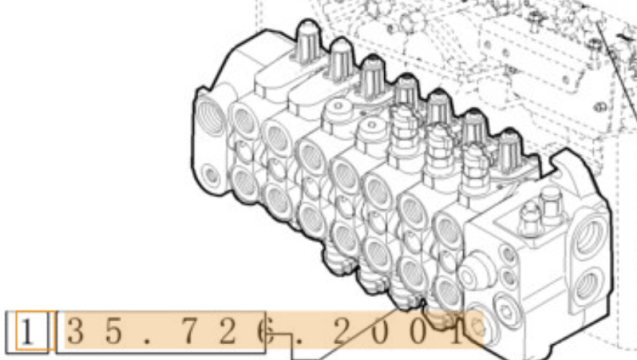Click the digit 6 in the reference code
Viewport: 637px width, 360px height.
tap(264, 332)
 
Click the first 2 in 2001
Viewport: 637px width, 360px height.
tap(341, 332)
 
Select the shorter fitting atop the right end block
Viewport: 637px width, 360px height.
tap(528, 214)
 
